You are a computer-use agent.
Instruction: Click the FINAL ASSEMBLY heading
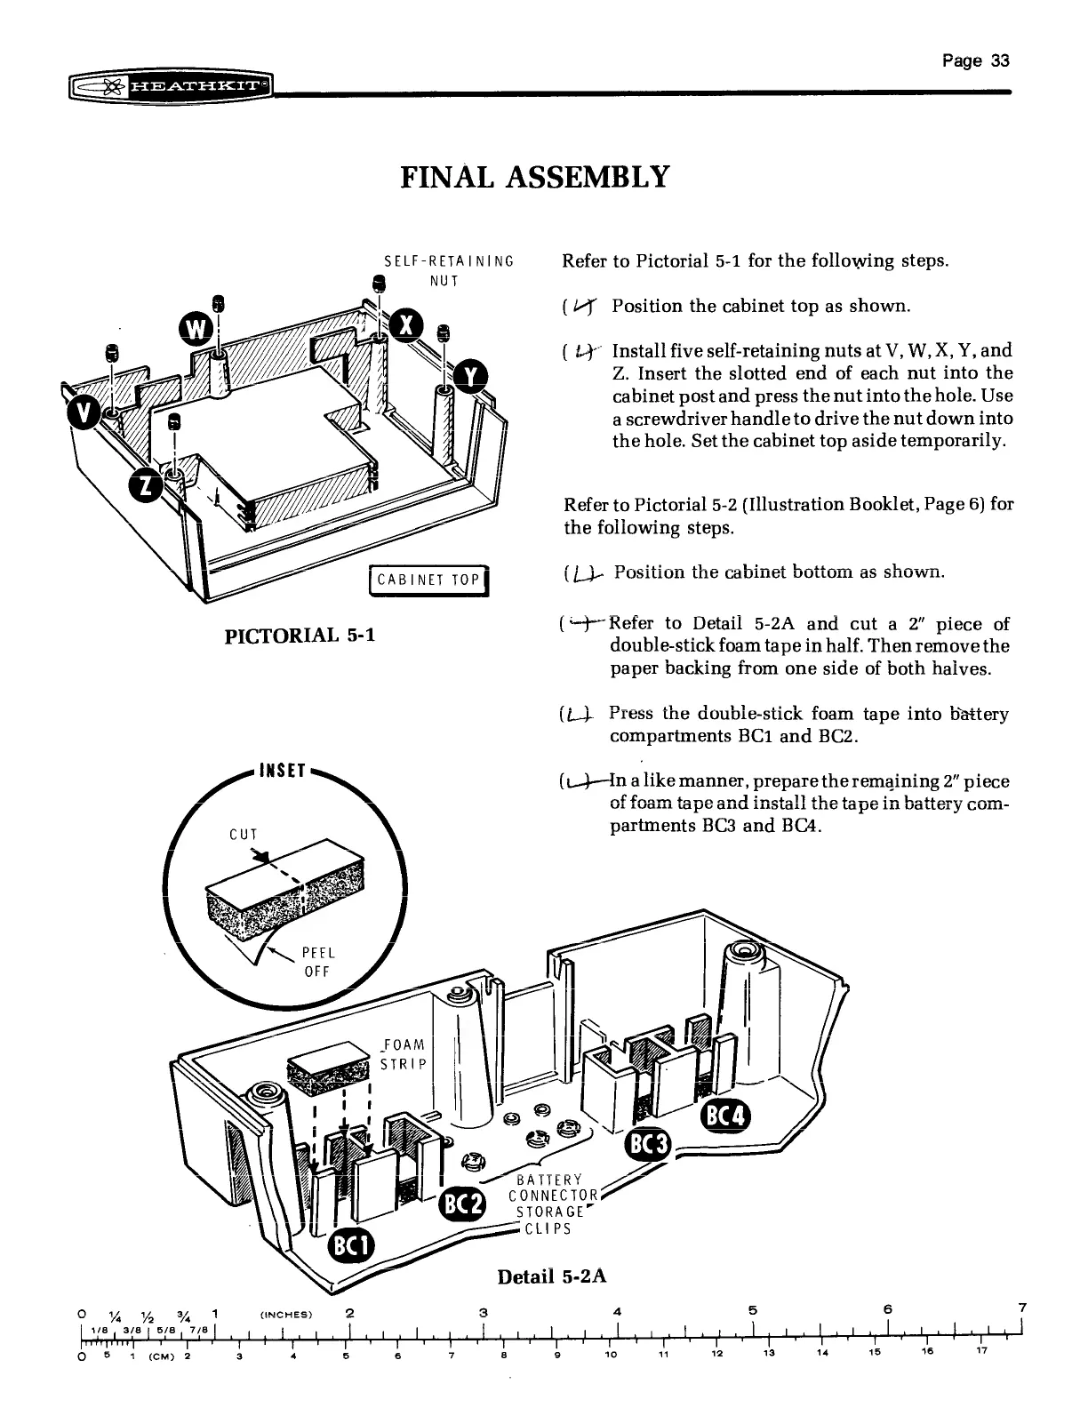coord(533,177)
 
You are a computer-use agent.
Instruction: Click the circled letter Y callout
coord(470,377)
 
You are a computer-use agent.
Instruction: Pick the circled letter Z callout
coord(148,486)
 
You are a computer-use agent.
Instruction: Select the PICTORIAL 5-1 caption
coord(300,636)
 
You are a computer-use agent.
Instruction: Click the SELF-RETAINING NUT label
coord(448,271)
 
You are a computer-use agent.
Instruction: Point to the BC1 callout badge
coord(352,1250)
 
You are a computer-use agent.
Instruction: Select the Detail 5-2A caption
coord(552,1276)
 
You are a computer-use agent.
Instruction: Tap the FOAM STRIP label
coord(404,1053)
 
